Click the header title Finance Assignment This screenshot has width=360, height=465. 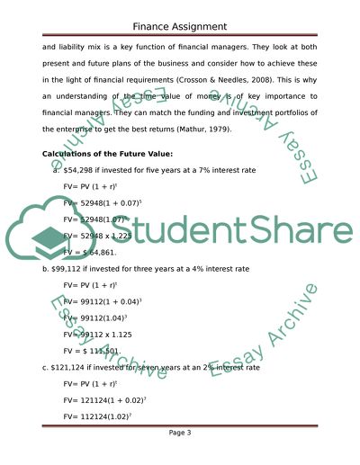(x=179, y=26)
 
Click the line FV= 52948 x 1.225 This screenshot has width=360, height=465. (x=94, y=236)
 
